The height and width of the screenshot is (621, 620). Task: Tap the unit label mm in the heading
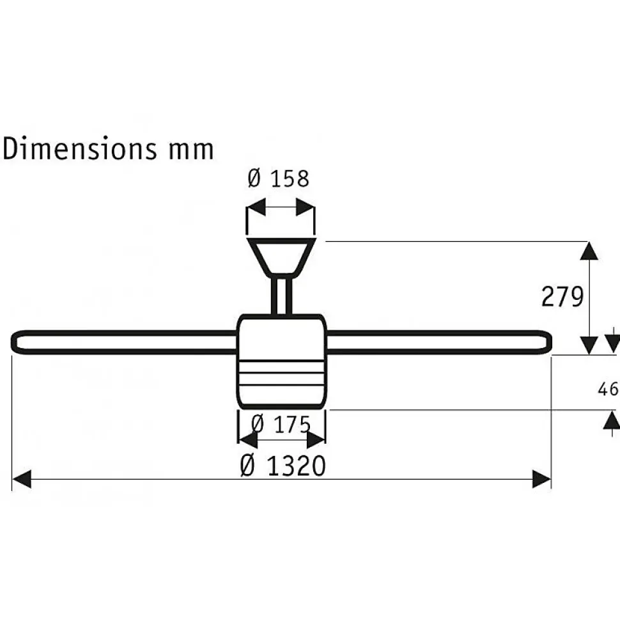pos(191,151)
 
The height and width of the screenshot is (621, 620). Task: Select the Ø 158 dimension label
pos(278,178)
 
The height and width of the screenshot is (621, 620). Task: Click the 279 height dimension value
pos(562,296)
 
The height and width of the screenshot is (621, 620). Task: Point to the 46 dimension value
pos(608,389)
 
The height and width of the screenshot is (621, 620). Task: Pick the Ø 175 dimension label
pos(281,424)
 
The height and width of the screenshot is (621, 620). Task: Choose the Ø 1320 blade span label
pos(283,466)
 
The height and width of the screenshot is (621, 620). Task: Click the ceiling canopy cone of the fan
pos(281,257)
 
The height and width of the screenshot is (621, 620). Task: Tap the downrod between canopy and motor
pos(281,295)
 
